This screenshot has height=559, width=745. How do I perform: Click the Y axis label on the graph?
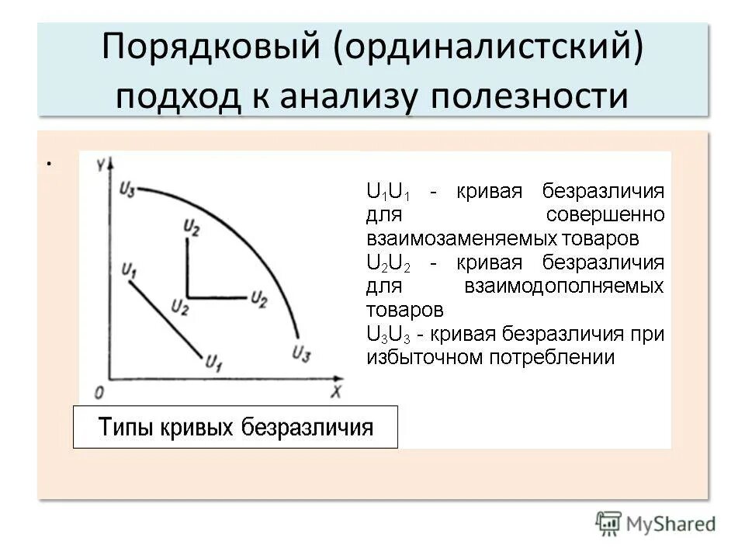pyautogui.click(x=100, y=165)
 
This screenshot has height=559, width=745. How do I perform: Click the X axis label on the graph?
pyautogui.click(x=335, y=393)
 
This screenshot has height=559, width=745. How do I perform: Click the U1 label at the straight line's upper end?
pyautogui.click(x=130, y=270)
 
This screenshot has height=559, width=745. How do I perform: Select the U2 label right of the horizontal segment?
pyautogui.click(x=258, y=298)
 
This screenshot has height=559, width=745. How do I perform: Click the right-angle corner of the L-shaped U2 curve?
pyautogui.click(x=189, y=297)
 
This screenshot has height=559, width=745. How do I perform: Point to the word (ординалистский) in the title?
pyautogui.click(x=490, y=49)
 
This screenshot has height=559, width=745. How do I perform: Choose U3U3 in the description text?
pyautogui.click(x=390, y=335)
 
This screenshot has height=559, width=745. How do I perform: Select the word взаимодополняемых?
pyautogui.click(x=564, y=286)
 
